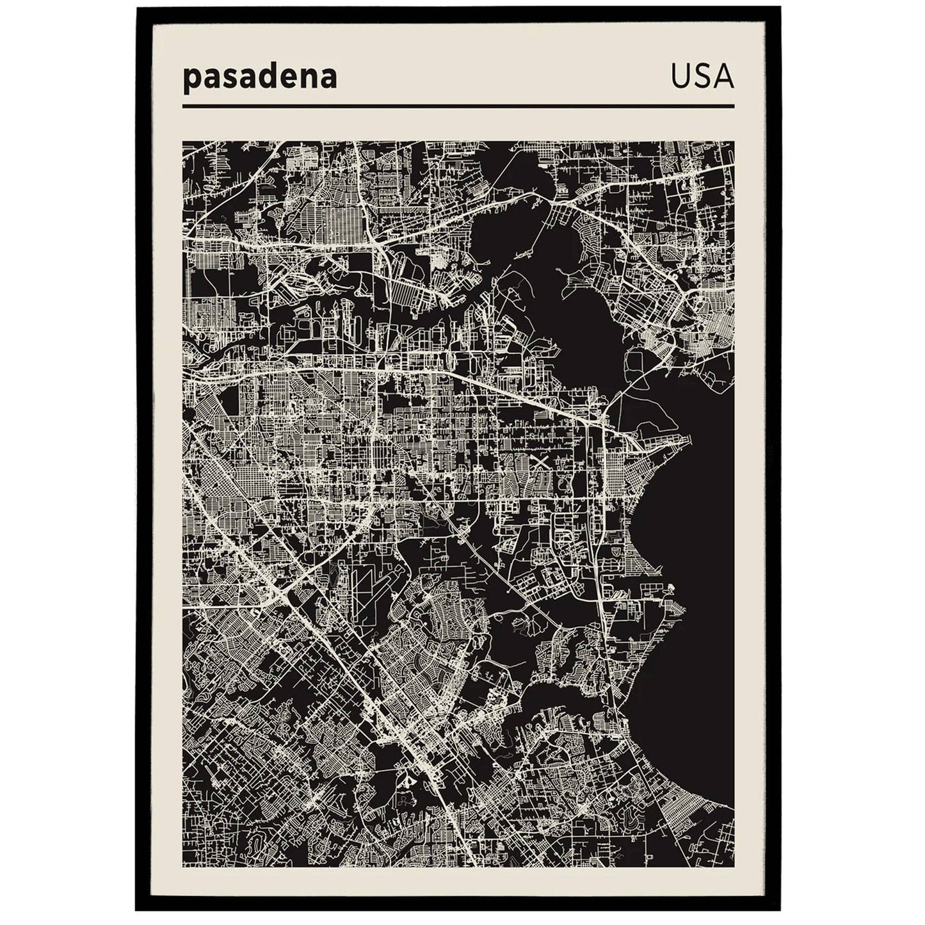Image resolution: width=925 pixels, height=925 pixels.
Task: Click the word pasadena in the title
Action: pyautogui.click(x=260, y=78)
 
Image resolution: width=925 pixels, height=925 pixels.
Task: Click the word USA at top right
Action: pyautogui.click(x=702, y=76)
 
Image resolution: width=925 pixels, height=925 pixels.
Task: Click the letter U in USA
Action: pyautogui.click(x=681, y=76)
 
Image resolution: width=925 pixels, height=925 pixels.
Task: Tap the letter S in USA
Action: pyautogui.click(x=702, y=76)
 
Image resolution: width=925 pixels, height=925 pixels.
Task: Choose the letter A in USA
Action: pyautogui.click(x=723, y=76)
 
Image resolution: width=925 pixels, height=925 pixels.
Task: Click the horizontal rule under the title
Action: pyautogui.click(x=458, y=106)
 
